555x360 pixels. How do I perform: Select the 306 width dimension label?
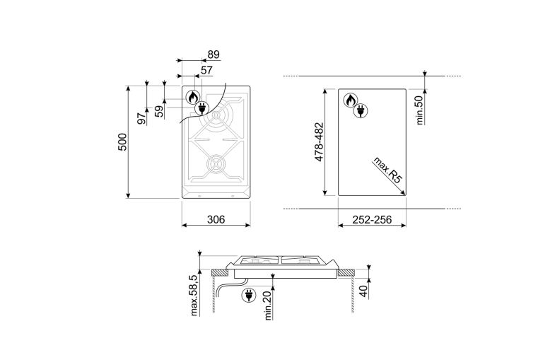click(216, 220)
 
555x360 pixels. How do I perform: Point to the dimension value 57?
click(206, 70)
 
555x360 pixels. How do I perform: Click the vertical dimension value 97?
click(141, 117)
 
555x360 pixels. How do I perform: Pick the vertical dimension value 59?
click(158, 111)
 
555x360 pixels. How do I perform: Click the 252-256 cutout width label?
click(372, 220)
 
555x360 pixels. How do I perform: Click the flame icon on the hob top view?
click(194, 98)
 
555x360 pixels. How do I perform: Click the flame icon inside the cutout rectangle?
click(350, 101)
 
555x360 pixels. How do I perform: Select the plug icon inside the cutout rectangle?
click(361, 110)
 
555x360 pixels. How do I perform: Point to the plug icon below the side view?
click(248, 294)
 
